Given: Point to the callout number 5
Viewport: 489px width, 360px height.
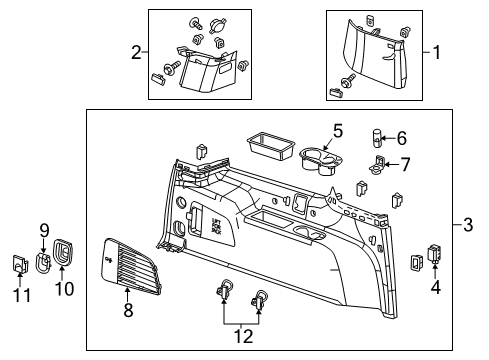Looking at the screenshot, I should point(337,130).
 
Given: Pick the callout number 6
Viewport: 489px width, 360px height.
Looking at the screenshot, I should point(402,139).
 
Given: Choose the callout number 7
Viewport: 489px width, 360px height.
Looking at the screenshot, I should point(405,163).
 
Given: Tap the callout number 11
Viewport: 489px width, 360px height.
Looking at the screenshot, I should point(19,296).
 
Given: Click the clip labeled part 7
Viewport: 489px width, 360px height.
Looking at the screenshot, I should point(378,164).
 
